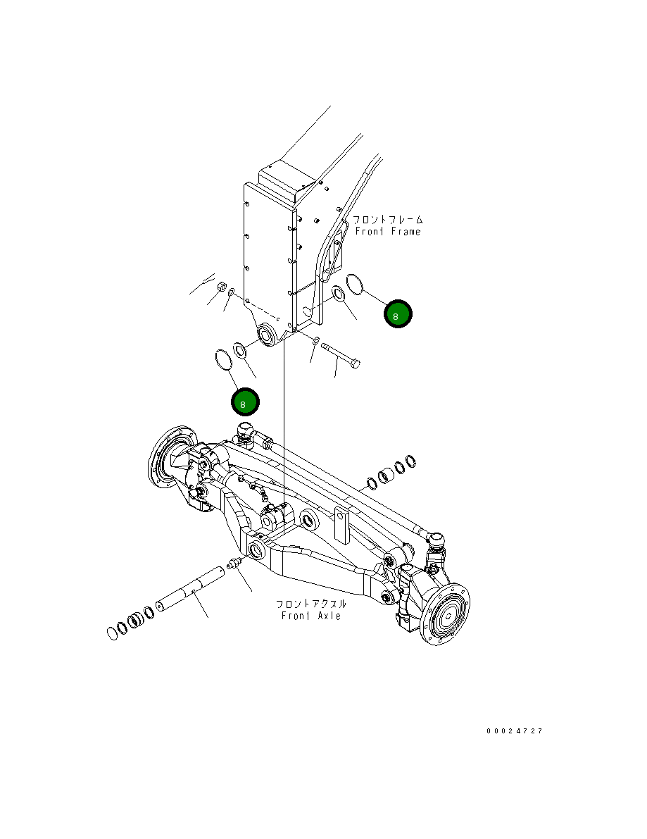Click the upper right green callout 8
[x=398, y=314]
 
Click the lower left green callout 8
[x=245, y=402]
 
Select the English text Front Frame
[x=387, y=232]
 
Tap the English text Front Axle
[x=310, y=616]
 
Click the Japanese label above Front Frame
[x=388, y=220]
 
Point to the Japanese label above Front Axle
[x=310, y=604]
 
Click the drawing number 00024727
[x=514, y=731]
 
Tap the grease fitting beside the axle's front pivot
[x=234, y=564]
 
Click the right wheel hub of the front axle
[x=446, y=613]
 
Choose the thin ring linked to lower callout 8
[x=223, y=359]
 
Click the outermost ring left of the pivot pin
[x=113, y=633]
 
